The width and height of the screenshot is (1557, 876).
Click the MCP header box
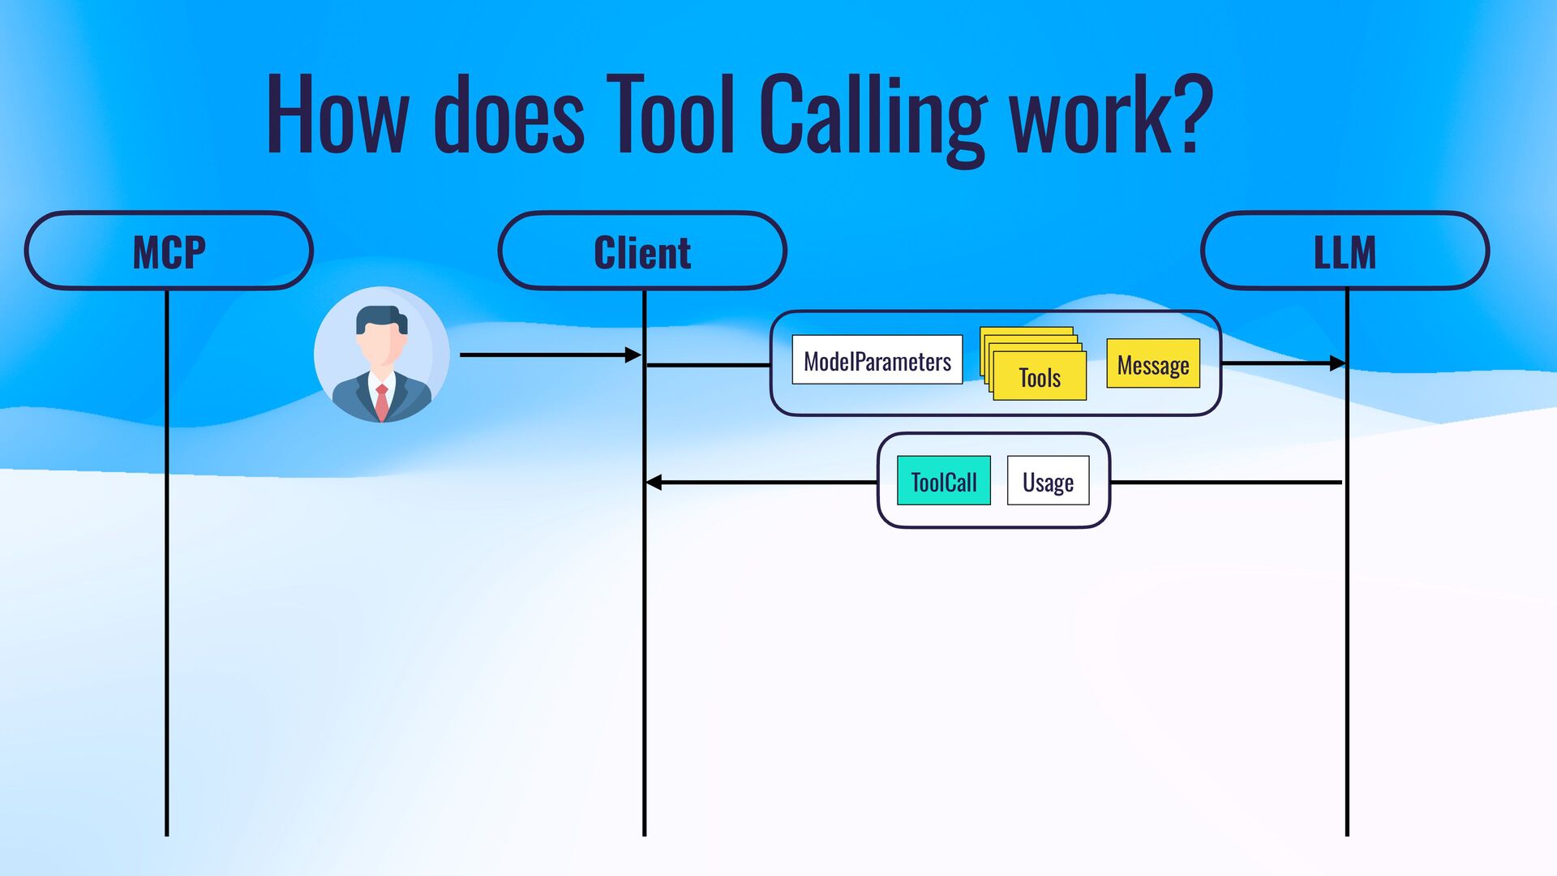(x=169, y=251)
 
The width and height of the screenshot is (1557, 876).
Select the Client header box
(x=642, y=251)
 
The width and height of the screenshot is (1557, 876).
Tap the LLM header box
(x=1345, y=251)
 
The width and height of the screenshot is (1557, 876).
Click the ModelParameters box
(x=877, y=360)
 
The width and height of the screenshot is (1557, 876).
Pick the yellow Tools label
(x=1040, y=377)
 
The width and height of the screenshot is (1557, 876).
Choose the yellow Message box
(x=1152, y=364)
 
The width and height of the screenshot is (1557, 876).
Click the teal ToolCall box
(x=943, y=481)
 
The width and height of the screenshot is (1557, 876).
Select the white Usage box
(x=1048, y=481)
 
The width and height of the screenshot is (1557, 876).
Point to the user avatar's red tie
(x=381, y=401)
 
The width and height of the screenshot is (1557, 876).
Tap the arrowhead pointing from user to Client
(x=633, y=354)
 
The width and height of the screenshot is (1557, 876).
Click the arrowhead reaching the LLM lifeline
(x=1337, y=363)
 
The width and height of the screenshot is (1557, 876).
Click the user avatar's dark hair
(x=381, y=316)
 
